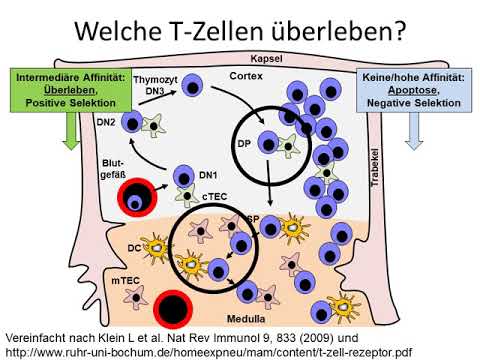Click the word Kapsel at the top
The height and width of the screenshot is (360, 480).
pyautogui.click(x=266, y=59)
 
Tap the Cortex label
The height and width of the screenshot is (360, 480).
pyautogui.click(x=246, y=76)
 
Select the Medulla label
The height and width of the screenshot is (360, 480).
pyautogui.click(x=246, y=319)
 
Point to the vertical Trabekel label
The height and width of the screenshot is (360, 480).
pyautogui.click(x=375, y=167)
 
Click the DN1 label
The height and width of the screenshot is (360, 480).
pyautogui.click(x=208, y=175)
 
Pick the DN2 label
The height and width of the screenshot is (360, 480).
pyautogui.click(x=106, y=122)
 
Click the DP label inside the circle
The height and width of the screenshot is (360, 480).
pyautogui.click(x=244, y=144)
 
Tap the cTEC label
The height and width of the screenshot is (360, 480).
pyautogui.click(x=214, y=196)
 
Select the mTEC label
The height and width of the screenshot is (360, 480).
pyautogui.click(x=125, y=281)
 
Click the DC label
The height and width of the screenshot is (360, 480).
pyautogui.click(x=134, y=248)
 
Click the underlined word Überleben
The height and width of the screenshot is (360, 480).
pyautogui.click(x=70, y=90)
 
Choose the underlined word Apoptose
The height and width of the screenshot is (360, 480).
pyautogui.click(x=413, y=90)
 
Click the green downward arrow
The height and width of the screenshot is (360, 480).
pyautogui.click(x=71, y=131)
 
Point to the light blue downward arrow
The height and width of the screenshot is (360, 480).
pyautogui.click(x=414, y=131)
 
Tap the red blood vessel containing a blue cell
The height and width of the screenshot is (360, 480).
pyautogui.click(x=137, y=198)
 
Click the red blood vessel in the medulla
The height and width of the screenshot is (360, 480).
pyautogui.click(x=173, y=310)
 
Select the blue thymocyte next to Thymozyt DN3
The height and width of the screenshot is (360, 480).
pyautogui.click(x=192, y=86)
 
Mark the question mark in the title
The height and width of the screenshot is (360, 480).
pyautogui.click(x=400, y=30)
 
